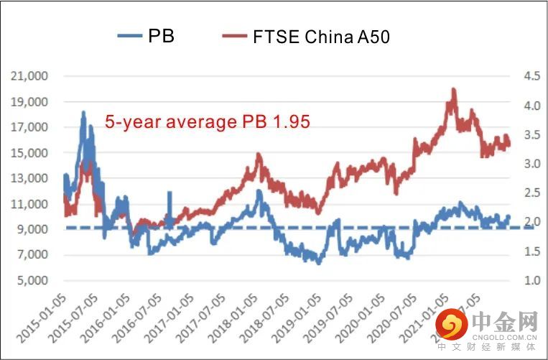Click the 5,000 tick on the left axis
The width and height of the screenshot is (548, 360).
click(33, 280)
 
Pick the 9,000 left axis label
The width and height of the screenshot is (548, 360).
click(33, 229)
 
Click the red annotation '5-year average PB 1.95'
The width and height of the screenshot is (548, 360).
click(208, 121)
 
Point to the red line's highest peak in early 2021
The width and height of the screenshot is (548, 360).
click(453, 89)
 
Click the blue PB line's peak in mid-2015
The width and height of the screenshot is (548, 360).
click(83, 113)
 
